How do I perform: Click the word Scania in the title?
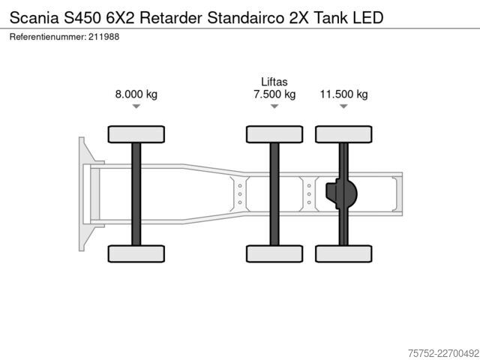tap(34, 18)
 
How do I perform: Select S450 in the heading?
tap(82, 18)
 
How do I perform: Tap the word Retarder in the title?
tap(170, 18)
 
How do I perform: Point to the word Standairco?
tap(245, 18)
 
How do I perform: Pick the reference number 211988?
tap(103, 37)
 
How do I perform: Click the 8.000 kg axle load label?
tap(136, 94)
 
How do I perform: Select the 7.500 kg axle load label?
tap(274, 94)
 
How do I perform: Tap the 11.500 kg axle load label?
tap(343, 94)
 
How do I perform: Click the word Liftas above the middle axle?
tap(274, 82)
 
